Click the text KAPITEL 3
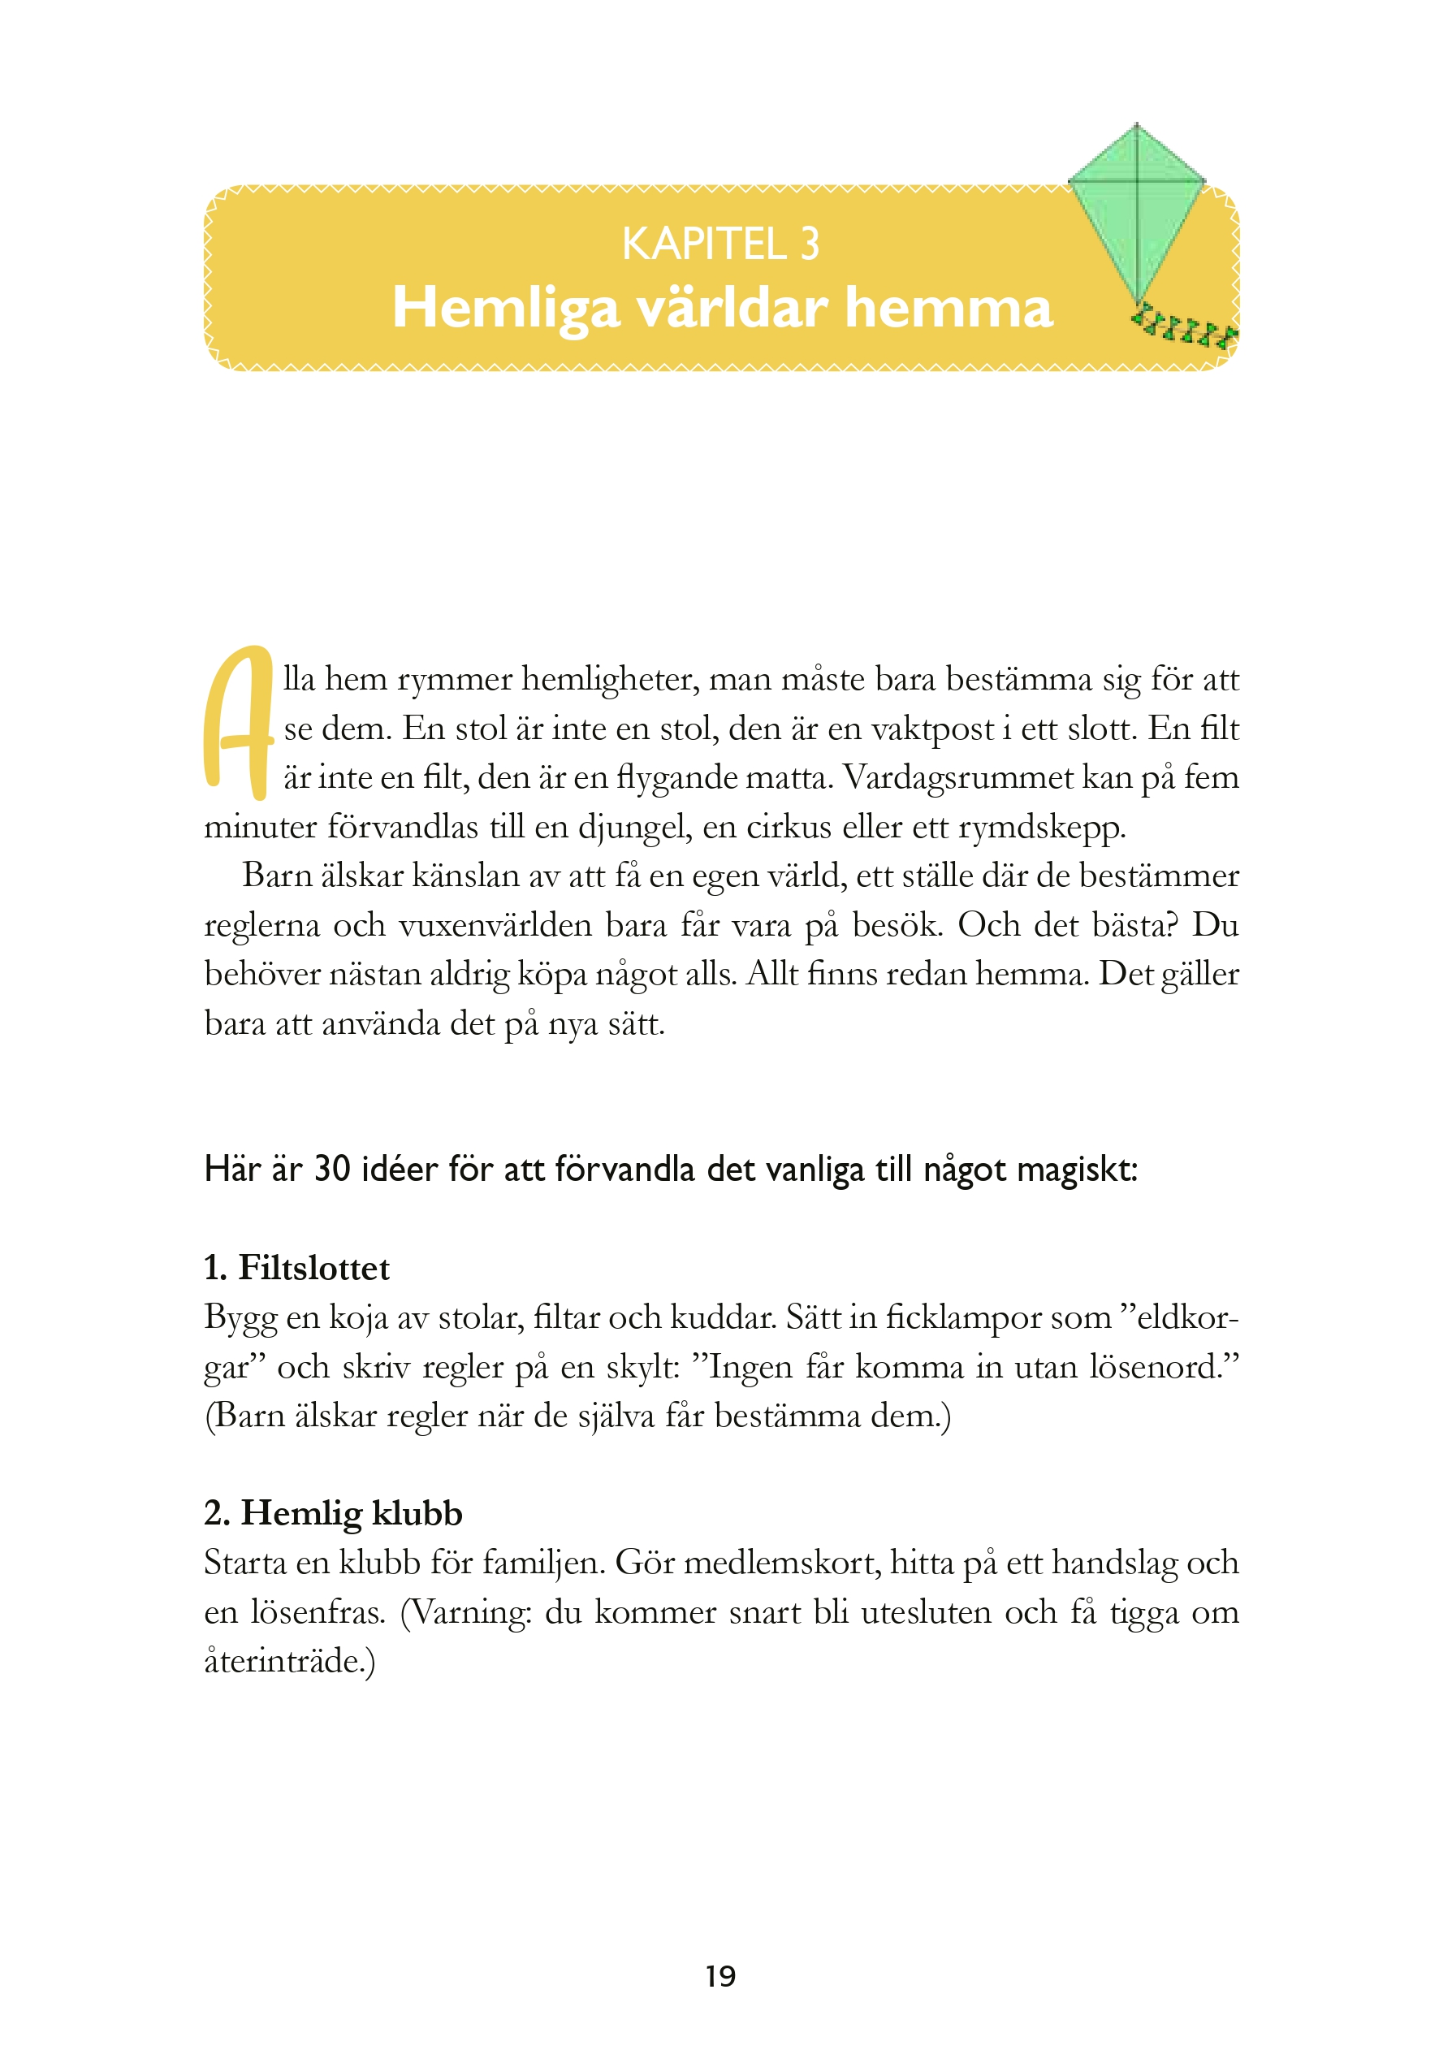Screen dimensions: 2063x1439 pos(720,244)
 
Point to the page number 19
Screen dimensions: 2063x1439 pos(720,1976)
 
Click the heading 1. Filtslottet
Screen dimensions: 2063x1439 pos(297,1268)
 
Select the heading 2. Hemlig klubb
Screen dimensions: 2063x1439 pos(333,1513)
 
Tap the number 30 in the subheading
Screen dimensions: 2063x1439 pos(331,1169)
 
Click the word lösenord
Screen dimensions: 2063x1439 pos(1158,1367)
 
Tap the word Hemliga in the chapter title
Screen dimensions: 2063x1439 pos(506,308)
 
